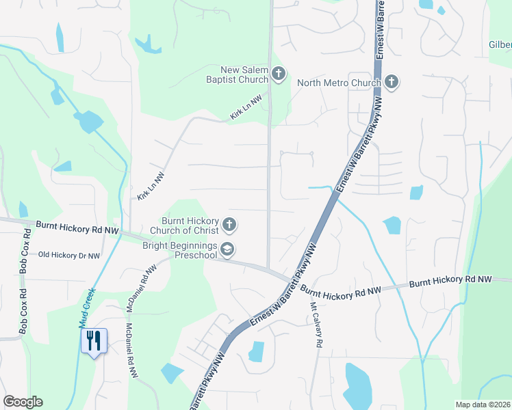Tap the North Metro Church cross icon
pyautogui.click(x=391, y=83)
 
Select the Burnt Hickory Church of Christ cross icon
pyautogui.click(x=229, y=225)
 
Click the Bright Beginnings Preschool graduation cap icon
pyautogui.click(x=228, y=250)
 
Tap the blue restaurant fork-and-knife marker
pyautogui.click(x=94, y=340)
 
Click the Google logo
pyautogui.click(x=23, y=402)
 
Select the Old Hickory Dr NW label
pyautogui.click(x=68, y=256)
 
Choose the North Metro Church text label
pyautogui.click(x=339, y=83)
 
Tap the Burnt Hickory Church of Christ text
pyautogui.click(x=190, y=225)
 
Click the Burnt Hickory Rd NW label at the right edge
pyautogui.click(x=450, y=280)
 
